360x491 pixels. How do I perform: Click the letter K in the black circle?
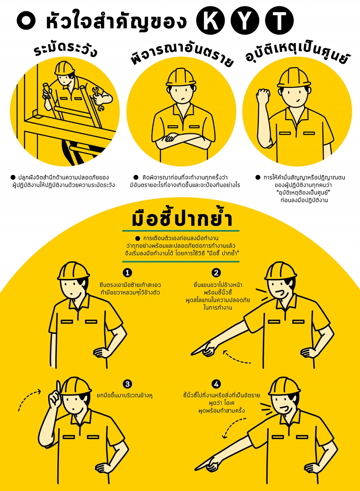[x=211, y=21]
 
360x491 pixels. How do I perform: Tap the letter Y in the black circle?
[x=245, y=21]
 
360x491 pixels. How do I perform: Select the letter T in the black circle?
[x=279, y=21]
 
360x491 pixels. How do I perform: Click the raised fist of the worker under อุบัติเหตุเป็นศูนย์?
[x=263, y=95]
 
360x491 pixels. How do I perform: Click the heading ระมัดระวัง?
[x=65, y=50]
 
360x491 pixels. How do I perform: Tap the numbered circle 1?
[x=127, y=273]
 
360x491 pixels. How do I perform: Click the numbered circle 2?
[x=216, y=273]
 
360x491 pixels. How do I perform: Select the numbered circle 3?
[x=127, y=384]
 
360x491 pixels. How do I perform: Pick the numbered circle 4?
[x=216, y=384]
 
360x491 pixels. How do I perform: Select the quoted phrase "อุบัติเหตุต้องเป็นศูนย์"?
[x=303, y=193]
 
